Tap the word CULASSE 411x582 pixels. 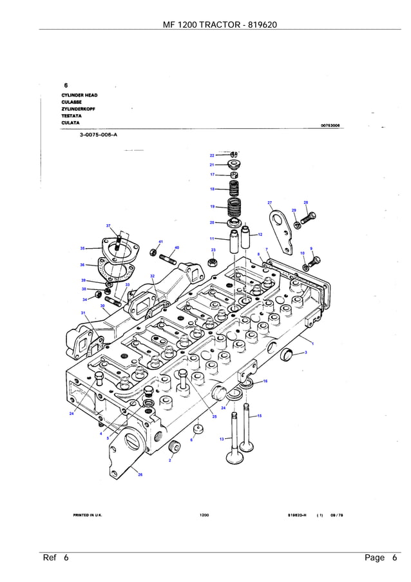tap(71, 102)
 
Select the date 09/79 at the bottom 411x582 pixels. tap(336, 516)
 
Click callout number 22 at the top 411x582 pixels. tap(212, 155)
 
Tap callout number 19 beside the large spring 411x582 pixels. tap(212, 206)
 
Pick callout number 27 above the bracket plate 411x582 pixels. tap(269, 202)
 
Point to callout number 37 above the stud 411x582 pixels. tap(109, 226)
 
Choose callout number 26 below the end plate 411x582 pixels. tap(140, 474)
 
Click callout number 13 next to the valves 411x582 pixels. tap(221, 439)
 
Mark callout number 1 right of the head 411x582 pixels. tap(312, 344)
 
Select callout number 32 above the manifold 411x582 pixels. tap(152, 276)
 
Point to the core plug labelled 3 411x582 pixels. tap(289, 353)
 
